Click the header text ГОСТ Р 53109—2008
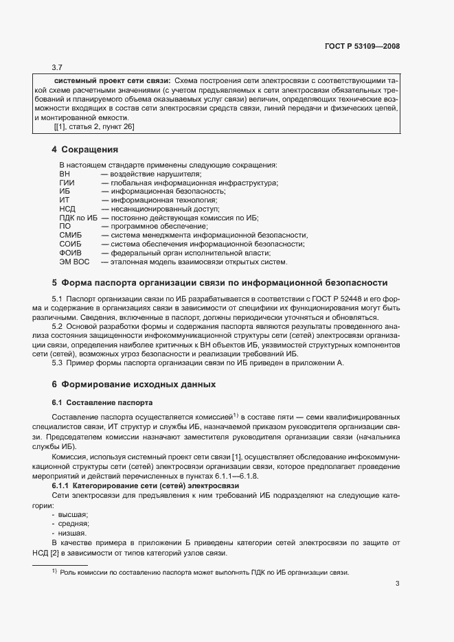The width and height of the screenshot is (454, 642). (361, 47)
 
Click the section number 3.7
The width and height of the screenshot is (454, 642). (57, 67)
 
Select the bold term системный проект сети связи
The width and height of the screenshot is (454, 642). (113, 80)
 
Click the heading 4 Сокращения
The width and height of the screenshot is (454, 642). (85, 149)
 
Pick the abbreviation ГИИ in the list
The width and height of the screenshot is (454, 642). (67, 183)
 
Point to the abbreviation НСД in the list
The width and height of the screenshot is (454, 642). (67, 209)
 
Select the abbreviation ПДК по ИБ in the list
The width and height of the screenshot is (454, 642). (78, 218)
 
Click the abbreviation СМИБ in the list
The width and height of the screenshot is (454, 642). (71, 235)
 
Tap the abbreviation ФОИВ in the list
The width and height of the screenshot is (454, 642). (70, 253)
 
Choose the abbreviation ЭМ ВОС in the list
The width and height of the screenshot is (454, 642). (74, 262)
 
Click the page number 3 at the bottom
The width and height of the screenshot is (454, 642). (397, 584)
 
